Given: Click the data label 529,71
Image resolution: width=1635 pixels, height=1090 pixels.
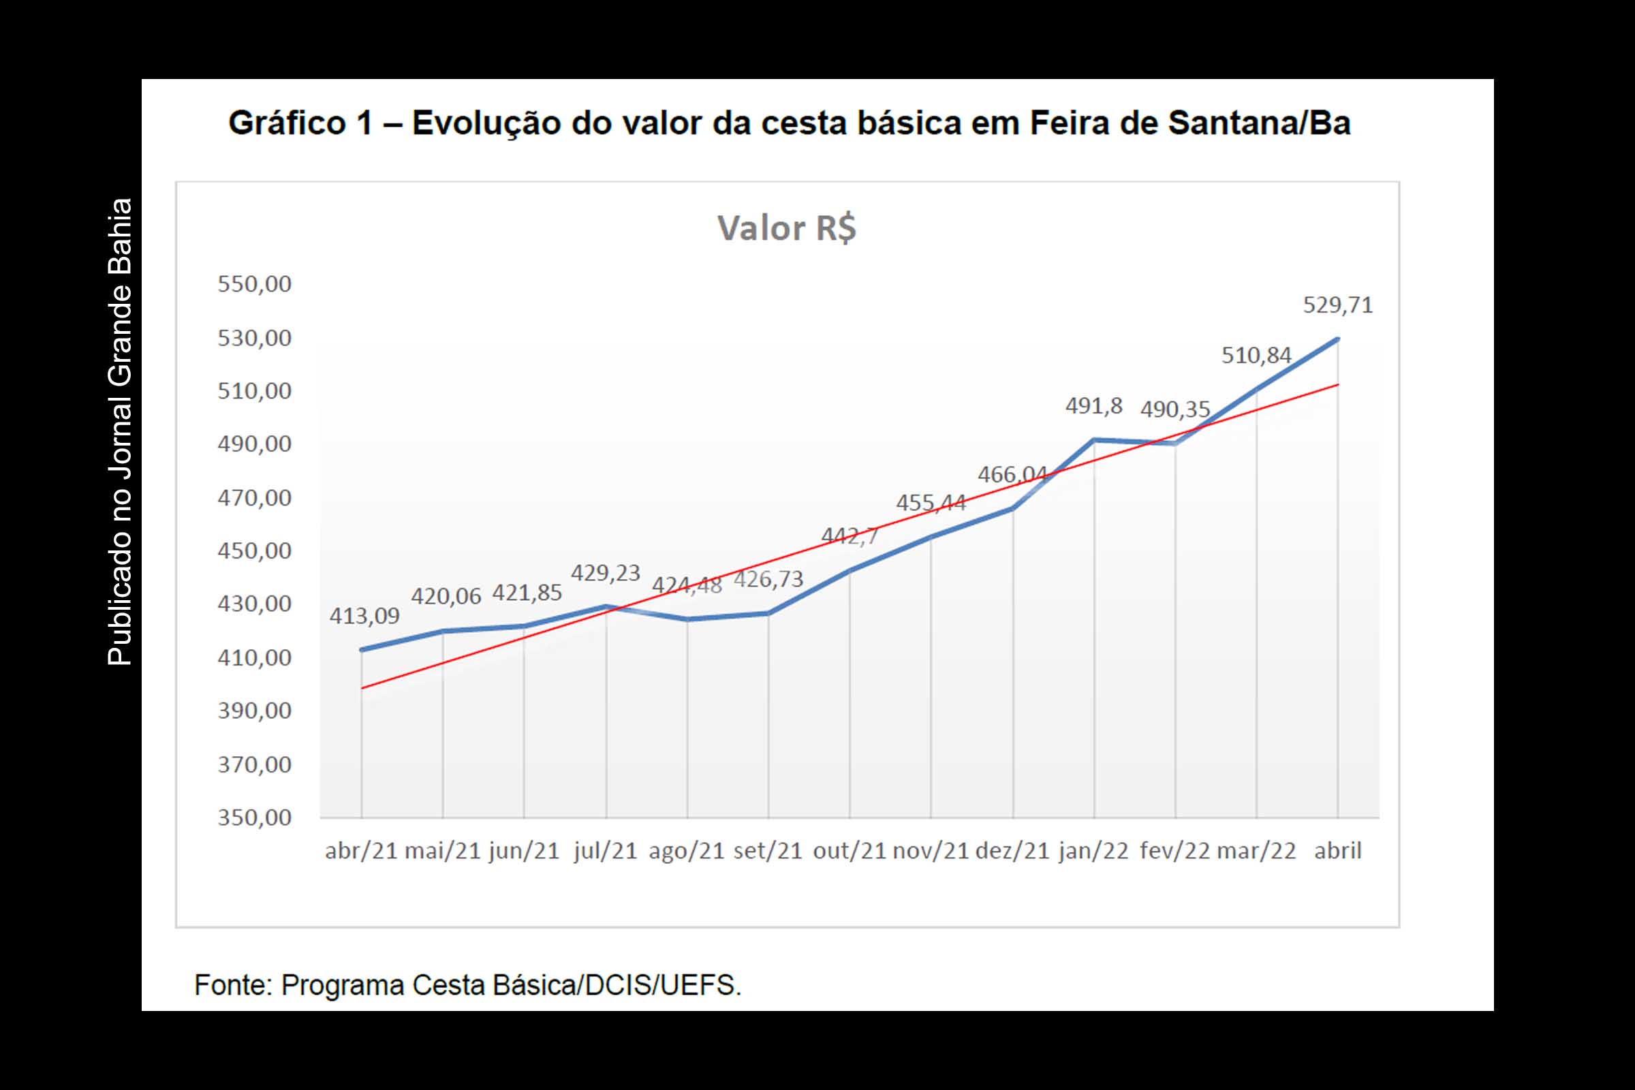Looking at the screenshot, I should [1337, 305].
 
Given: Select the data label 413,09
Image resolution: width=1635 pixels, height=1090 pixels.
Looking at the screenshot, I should [364, 616].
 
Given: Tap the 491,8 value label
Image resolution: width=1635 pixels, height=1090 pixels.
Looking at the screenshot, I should [1093, 406].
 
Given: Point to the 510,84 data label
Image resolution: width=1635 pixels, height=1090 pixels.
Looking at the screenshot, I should [1256, 356].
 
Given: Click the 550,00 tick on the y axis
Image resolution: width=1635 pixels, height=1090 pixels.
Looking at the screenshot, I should [254, 284].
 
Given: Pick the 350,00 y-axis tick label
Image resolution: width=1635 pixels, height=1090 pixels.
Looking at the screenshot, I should [254, 817].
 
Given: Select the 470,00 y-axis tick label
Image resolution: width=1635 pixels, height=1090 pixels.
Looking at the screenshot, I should [254, 498].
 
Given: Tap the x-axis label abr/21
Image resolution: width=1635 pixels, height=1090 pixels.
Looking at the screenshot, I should [361, 851].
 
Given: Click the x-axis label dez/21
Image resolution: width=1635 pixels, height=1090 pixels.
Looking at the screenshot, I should [1012, 851].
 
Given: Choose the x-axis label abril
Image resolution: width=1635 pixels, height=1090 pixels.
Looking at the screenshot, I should [1337, 851].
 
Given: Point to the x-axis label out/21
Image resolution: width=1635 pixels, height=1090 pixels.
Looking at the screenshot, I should [850, 851].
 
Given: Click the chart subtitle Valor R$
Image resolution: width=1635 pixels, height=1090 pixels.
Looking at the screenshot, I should [786, 228].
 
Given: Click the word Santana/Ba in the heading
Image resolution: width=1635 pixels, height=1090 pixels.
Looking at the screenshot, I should [1259, 124].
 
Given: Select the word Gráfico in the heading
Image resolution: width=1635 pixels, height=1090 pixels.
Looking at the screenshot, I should [286, 124].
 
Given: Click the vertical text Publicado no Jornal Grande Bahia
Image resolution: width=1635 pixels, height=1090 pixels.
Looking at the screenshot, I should [120, 432].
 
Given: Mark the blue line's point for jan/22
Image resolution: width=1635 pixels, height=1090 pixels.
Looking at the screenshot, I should [1094, 439].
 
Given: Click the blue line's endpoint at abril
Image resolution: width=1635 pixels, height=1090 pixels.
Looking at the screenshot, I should [1337, 339].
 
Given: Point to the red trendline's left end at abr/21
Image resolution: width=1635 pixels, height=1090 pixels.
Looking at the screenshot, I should [362, 688].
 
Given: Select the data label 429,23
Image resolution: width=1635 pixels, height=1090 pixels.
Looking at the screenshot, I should [605, 574].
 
